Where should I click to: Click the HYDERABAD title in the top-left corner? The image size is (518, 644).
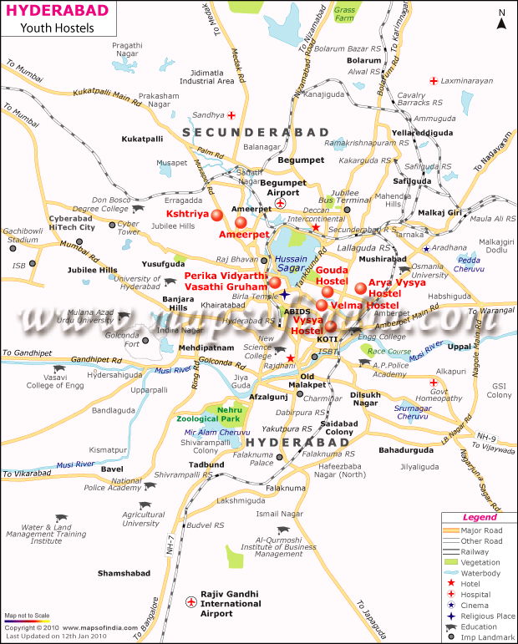(x=48, y=11)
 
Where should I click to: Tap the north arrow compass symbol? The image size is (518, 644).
(x=501, y=19)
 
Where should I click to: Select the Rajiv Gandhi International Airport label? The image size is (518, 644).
(x=229, y=603)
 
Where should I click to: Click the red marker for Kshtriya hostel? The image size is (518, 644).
(x=217, y=216)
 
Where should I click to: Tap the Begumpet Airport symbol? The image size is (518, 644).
(x=281, y=204)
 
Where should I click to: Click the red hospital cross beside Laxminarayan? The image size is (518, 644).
(x=433, y=81)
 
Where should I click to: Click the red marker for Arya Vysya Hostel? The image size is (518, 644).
(x=360, y=288)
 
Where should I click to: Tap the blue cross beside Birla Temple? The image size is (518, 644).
(x=285, y=295)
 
